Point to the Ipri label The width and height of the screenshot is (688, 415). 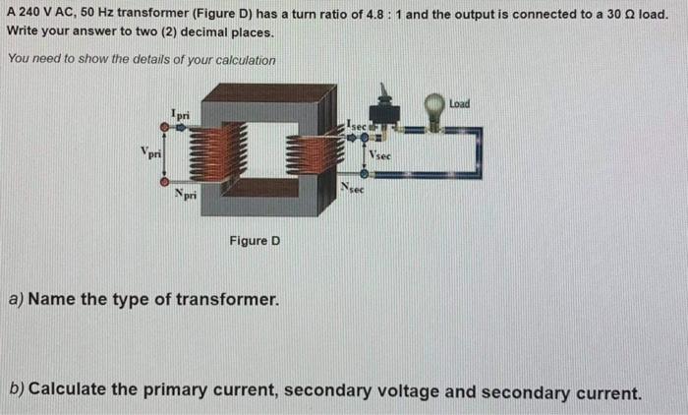[x=180, y=115]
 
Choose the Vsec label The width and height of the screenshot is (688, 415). [x=380, y=155]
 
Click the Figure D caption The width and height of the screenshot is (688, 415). [x=255, y=240]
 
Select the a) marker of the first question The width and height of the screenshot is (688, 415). [x=16, y=298]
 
